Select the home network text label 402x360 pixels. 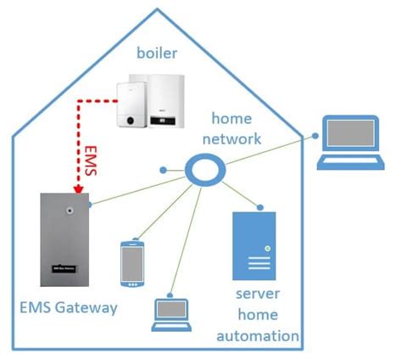tap(237, 129)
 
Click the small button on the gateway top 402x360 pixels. tap(72, 206)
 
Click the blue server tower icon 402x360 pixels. tap(254, 245)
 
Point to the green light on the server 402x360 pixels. tap(267, 248)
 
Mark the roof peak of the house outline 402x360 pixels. tap(158, 10)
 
